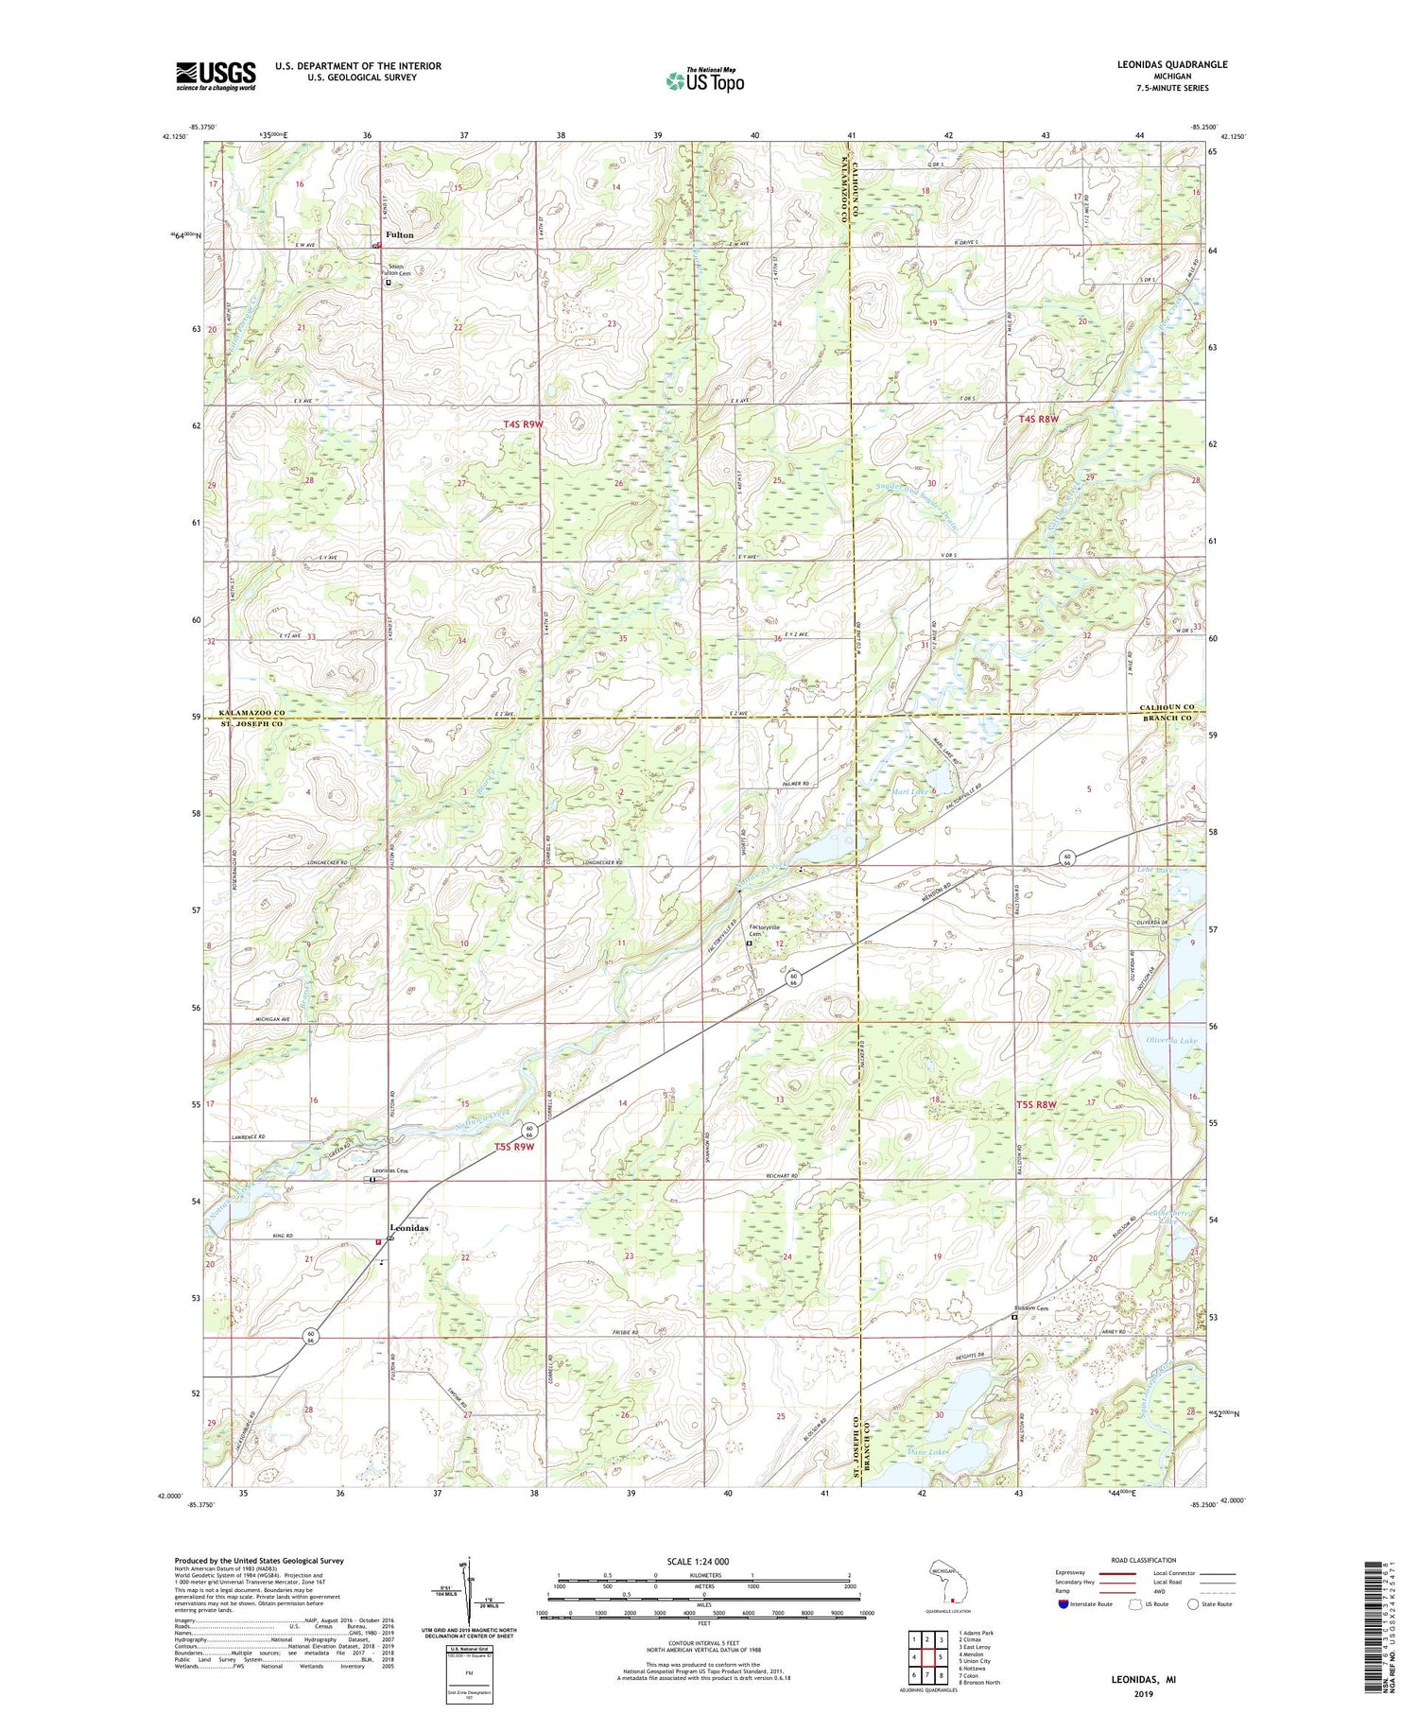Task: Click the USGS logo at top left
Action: coord(216,76)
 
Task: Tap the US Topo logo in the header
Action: coord(704,80)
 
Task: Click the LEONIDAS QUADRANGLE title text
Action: coord(1171,64)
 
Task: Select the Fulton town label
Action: coord(398,234)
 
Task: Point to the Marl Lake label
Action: coord(909,791)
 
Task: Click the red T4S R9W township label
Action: coord(523,424)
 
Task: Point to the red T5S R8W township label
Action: coord(1036,1104)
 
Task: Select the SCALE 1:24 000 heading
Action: coord(703,1561)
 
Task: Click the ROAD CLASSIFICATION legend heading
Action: coord(1144,1560)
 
